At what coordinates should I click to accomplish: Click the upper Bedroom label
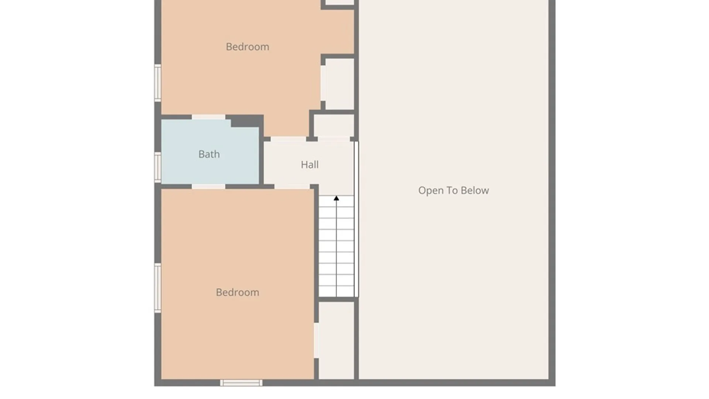coord(247,47)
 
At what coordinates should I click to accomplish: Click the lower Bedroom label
coord(237,293)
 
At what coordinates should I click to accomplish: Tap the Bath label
coord(209,154)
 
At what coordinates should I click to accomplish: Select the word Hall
coord(309,164)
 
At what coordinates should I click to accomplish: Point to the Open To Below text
coord(453,190)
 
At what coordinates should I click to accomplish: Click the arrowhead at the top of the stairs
coord(336,198)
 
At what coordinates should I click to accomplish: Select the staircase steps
coord(336,246)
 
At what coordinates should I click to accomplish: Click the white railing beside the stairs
coord(356,219)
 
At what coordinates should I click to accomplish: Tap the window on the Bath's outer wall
coord(158,167)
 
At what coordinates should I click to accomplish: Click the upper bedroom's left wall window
coord(158,83)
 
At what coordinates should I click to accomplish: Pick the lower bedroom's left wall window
coord(158,288)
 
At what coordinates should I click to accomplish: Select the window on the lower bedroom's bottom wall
coord(242,383)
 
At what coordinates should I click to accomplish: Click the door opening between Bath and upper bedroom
coord(209,117)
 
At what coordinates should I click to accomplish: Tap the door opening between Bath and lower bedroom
coord(209,187)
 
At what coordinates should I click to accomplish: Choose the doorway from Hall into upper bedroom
coord(288,139)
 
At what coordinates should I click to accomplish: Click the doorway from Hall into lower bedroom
coord(292,187)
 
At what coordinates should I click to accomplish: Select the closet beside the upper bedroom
coord(339,83)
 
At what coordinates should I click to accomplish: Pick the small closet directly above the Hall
coord(334,126)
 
